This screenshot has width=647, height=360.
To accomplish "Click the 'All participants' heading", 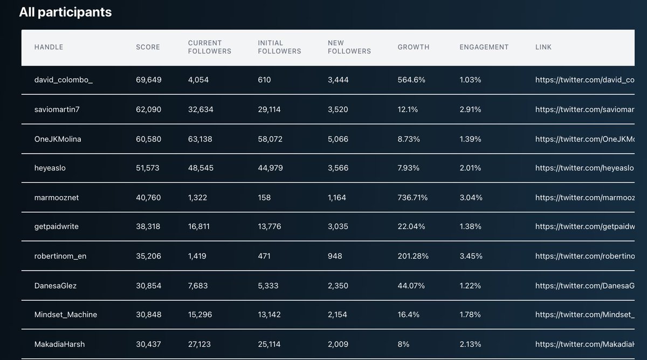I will (x=65, y=12).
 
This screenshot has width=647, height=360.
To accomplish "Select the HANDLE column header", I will (x=49, y=47).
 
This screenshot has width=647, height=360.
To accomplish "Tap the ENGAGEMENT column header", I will (x=484, y=47).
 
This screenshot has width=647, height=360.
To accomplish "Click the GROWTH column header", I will (x=414, y=47).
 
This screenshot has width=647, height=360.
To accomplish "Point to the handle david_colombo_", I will (x=64, y=80).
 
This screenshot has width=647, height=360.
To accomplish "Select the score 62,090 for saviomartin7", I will (x=148, y=109).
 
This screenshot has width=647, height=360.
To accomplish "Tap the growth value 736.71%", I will (x=412, y=198).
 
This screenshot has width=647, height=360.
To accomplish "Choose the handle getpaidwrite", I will (x=57, y=227).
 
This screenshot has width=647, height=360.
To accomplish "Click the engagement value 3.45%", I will (x=471, y=256).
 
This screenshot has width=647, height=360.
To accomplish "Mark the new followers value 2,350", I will (x=338, y=286).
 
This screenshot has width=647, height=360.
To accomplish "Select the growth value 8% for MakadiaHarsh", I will (x=403, y=344).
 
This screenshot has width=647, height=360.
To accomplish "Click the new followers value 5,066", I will (x=338, y=139).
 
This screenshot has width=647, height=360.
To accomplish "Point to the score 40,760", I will (x=148, y=198).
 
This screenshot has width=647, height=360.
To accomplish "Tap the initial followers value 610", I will (x=264, y=80).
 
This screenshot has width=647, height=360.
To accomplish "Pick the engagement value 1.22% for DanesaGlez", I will (x=470, y=286).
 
